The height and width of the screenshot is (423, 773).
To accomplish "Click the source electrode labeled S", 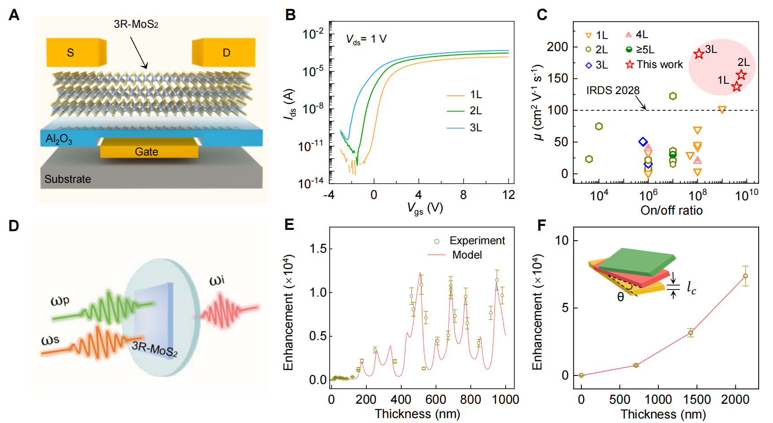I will [71, 52].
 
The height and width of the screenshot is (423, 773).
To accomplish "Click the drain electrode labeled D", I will [226, 52].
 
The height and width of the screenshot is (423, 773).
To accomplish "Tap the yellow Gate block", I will [147, 151].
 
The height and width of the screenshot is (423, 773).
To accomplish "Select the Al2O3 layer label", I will [59, 139].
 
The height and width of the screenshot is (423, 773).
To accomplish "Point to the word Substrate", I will [68, 179].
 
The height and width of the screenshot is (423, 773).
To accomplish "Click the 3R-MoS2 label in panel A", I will [136, 24].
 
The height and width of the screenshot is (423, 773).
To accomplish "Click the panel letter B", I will [291, 15].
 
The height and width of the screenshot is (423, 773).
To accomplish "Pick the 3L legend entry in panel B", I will [476, 128].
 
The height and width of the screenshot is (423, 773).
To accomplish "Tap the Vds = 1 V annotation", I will [366, 39].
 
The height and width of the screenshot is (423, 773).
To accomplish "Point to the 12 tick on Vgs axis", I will [509, 195].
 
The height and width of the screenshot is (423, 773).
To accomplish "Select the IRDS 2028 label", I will [613, 91].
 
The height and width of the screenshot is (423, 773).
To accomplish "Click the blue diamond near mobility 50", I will [643, 142].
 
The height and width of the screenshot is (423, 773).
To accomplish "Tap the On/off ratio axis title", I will [671, 211].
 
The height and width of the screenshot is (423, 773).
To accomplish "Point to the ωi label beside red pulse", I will [217, 281].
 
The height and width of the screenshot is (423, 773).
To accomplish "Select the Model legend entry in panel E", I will [467, 255].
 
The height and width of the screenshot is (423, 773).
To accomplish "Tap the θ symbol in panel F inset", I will [620, 297].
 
